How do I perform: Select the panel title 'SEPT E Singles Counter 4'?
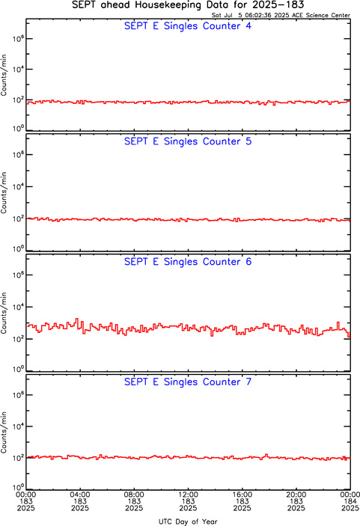[x=188, y=26]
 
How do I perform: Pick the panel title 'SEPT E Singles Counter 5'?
[x=188, y=141]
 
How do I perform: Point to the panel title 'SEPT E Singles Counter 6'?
[x=188, y=261]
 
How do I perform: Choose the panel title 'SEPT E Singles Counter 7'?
[x=188, y=382]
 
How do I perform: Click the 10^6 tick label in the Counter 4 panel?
[x=18, y=39]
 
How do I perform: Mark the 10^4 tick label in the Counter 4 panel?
[x=18, y=69]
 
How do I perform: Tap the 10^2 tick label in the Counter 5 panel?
[x=18, y=218]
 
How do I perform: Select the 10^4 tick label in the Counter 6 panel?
[x=18, y=307]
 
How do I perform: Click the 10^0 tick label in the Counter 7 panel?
[x=18, y=487]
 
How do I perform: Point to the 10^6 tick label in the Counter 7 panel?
[x=18, y=394]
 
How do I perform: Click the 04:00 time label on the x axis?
[x=80, y=495]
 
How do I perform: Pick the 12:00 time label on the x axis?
[x=188, y=495]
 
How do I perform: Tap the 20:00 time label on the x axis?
[x=296, y=495]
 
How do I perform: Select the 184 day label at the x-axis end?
[x=350, y=501]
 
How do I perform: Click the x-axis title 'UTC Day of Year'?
[x=188, y=522]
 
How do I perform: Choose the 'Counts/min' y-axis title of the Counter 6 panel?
[x=4, y=313]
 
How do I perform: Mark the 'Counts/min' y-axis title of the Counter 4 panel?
[x=4, y=75]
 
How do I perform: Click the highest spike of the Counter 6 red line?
[x=77, y=319]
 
